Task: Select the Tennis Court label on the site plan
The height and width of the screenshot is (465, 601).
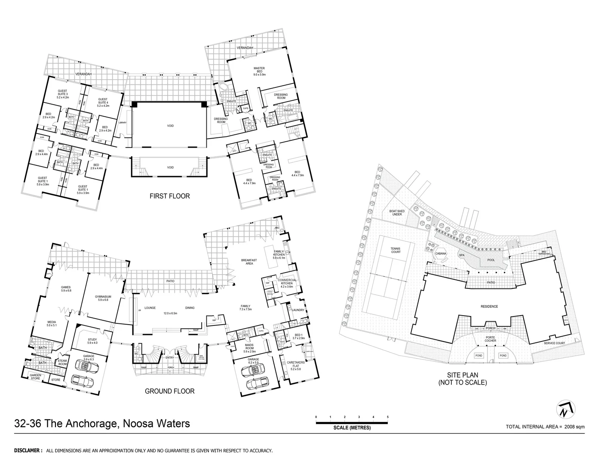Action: pyautogui.click(x=396, y=250)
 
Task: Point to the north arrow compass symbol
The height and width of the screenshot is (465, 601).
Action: pyautogui.click(x=567, y=410)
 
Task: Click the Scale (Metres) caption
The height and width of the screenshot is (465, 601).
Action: pyautogui.click(x=352, y=428)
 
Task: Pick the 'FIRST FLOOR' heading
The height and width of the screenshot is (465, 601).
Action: pyautogui.click(x=169, y=196)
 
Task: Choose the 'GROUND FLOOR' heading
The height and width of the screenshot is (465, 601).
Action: pyautogui.click(x=169, y=391)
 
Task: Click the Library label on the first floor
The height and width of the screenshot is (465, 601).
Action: pyautogui.click(x=123, y=123)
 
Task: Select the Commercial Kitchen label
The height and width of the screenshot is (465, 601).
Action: pyautogui.click(x=288, y=282)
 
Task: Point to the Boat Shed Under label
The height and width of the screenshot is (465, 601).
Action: pyautogui.click(x=397, y=212)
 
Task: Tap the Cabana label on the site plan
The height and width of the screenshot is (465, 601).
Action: pyautogui.click(x=441, y=254)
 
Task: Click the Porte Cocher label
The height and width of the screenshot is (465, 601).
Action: pyautogui.click(x=491, y=339)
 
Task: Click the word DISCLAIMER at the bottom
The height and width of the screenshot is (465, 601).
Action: pyautogui.click(x=28, y=451)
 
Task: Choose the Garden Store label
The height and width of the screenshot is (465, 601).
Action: pyautogui.click(x=35, y=377)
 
